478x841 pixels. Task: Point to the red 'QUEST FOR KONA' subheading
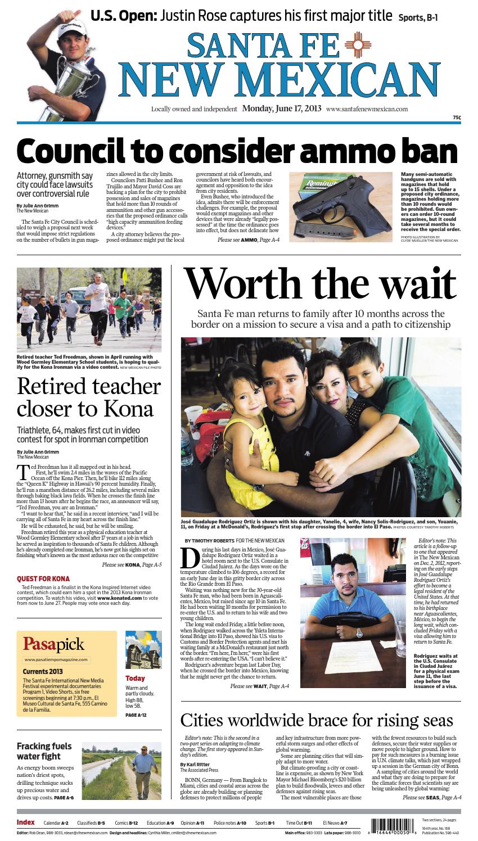click(43, 578)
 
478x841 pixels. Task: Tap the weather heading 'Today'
click(136, 678)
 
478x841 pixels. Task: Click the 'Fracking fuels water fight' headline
click(44, 752)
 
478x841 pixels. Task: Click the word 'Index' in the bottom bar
click(26, 822)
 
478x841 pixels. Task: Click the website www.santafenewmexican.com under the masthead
click(367, 110)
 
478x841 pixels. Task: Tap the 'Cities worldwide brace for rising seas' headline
click(317, 720)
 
